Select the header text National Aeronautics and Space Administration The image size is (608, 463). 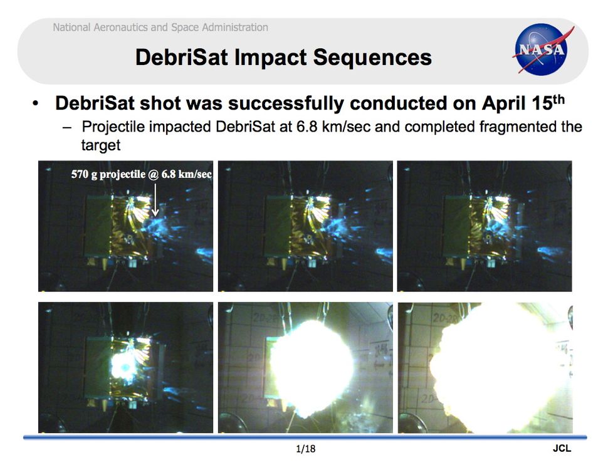pos(160,28)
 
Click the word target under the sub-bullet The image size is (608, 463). pos(100,145)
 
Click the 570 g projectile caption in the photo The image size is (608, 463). pos(141,175)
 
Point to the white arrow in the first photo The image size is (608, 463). pos(155,200)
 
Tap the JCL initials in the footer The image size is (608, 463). pos(562,449)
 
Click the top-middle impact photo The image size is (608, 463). pos(305,226)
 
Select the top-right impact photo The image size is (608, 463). pos(485,226)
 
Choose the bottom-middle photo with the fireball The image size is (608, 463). pos(305,368)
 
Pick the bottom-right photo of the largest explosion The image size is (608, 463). pos(485,368)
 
